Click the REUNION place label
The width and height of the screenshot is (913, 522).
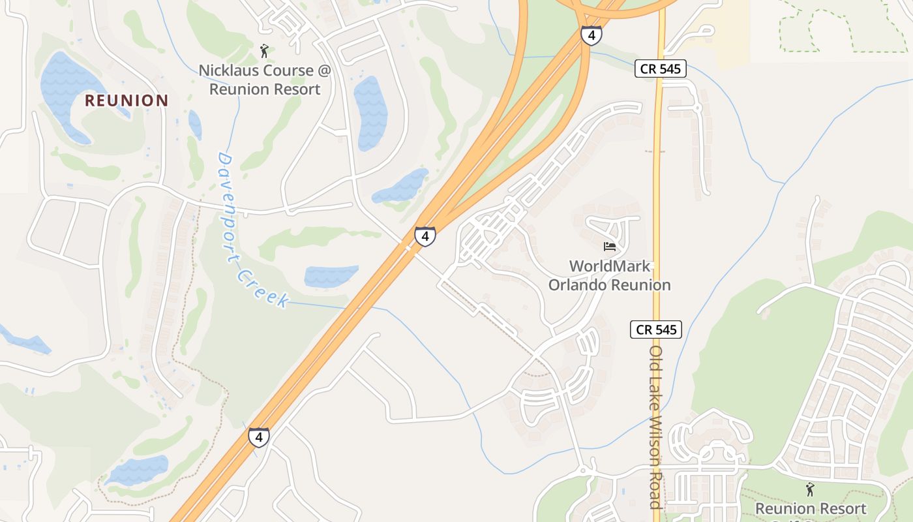pyautogui.click(x=127, y=100)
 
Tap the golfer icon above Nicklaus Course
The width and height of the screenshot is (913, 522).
pyautogui.click(x=263, y=50)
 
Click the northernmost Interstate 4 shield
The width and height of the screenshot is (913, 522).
pyautogui.click(x=591, y=35)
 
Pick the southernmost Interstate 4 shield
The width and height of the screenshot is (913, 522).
pyautogui.click(x=259, y=437)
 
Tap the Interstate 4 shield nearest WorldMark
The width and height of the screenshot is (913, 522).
pyautogui.click(x=425, y=236)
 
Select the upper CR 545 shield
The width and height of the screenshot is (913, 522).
pyautogui.click(x=661, y=69)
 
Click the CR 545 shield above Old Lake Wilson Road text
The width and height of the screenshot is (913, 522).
pyautogui.click(x=656, y=330)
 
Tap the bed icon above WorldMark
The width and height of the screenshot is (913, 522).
pyautogui.click(x=610, y=247)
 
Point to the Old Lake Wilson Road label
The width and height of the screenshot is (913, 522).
pyautogui.click(x=656, y=427)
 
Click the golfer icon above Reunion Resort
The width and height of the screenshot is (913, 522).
pyautogui.click(x=810, y=489)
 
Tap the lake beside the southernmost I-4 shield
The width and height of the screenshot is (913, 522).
pyautogui.click(x=138, y=469)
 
